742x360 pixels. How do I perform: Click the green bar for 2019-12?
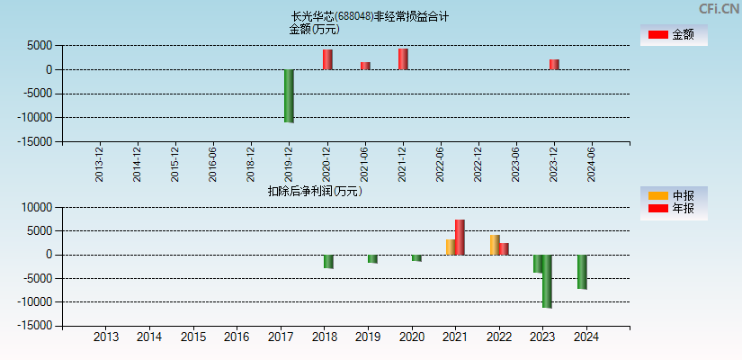(x=289, y=95)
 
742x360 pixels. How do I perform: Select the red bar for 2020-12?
(x=327, y=59)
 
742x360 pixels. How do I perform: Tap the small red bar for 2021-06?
(x=365, y=66)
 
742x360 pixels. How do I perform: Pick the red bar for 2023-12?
(x=554, y=64)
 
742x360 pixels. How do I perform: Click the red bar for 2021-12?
(x=403, y=58)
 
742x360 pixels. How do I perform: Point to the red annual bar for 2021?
(x=460, y=237)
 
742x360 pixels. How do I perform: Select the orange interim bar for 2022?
(x=495, y=245)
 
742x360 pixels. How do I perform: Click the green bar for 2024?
(x=582, y=272)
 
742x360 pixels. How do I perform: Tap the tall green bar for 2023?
(x=547, y=281)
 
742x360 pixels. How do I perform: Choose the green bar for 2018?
(x=329, y=261)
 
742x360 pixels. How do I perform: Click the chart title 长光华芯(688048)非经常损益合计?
(x=370, y=16)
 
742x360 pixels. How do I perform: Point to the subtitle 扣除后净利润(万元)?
(x=315, y=191)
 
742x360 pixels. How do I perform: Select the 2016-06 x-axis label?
(x=213, y=165)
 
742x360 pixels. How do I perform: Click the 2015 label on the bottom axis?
(x=193, y=337)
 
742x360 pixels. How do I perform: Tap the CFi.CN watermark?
(x=719, y=8)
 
